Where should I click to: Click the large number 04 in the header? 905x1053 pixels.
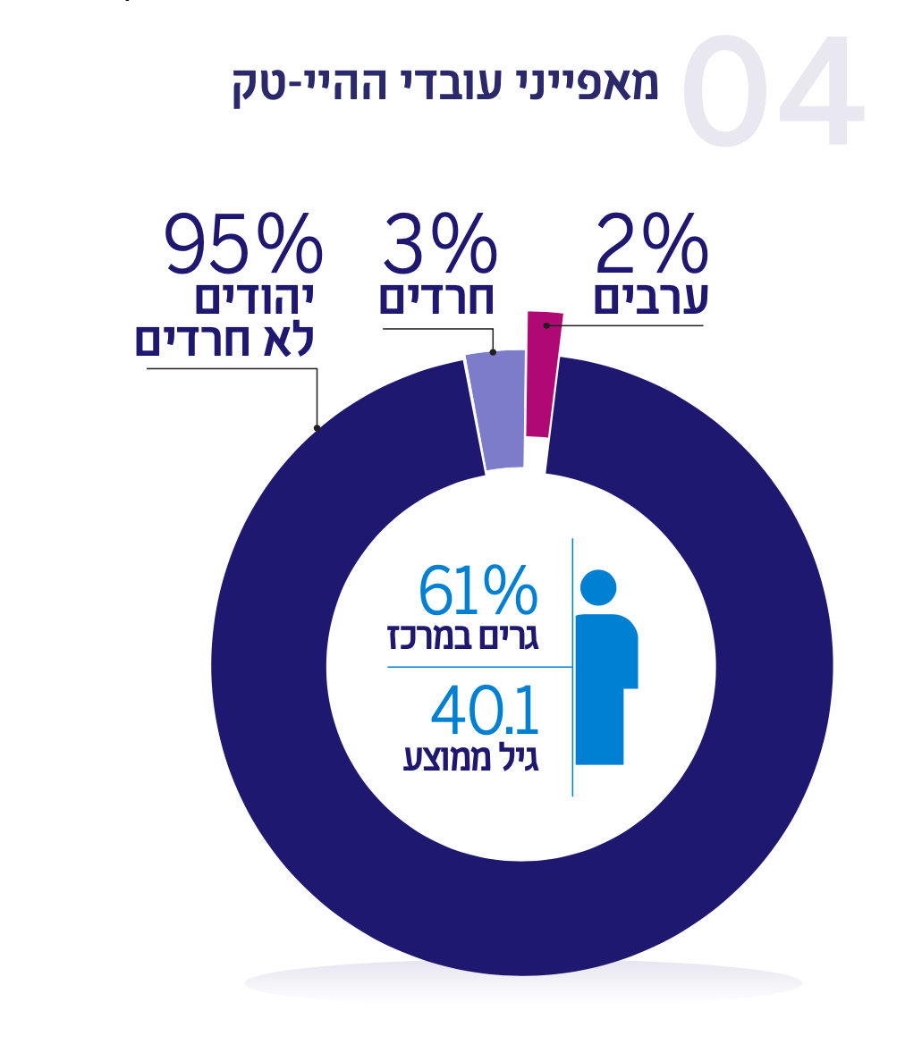pyautogui.click(x=774, y=93)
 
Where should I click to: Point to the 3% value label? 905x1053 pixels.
pyautogui.click(x=440, y=243)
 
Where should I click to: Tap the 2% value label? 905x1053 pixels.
pyautogui.click(x=652, y=243)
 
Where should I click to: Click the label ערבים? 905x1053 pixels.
pyautogui.click(x=651, y=299)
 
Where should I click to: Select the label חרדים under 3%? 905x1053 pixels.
pyautogui.click(x=436, y=299)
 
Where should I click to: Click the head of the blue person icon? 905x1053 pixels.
pyautogui.click(x=598, y=586)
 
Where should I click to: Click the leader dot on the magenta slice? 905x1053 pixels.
pyautogui.click(x=546, y=325)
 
